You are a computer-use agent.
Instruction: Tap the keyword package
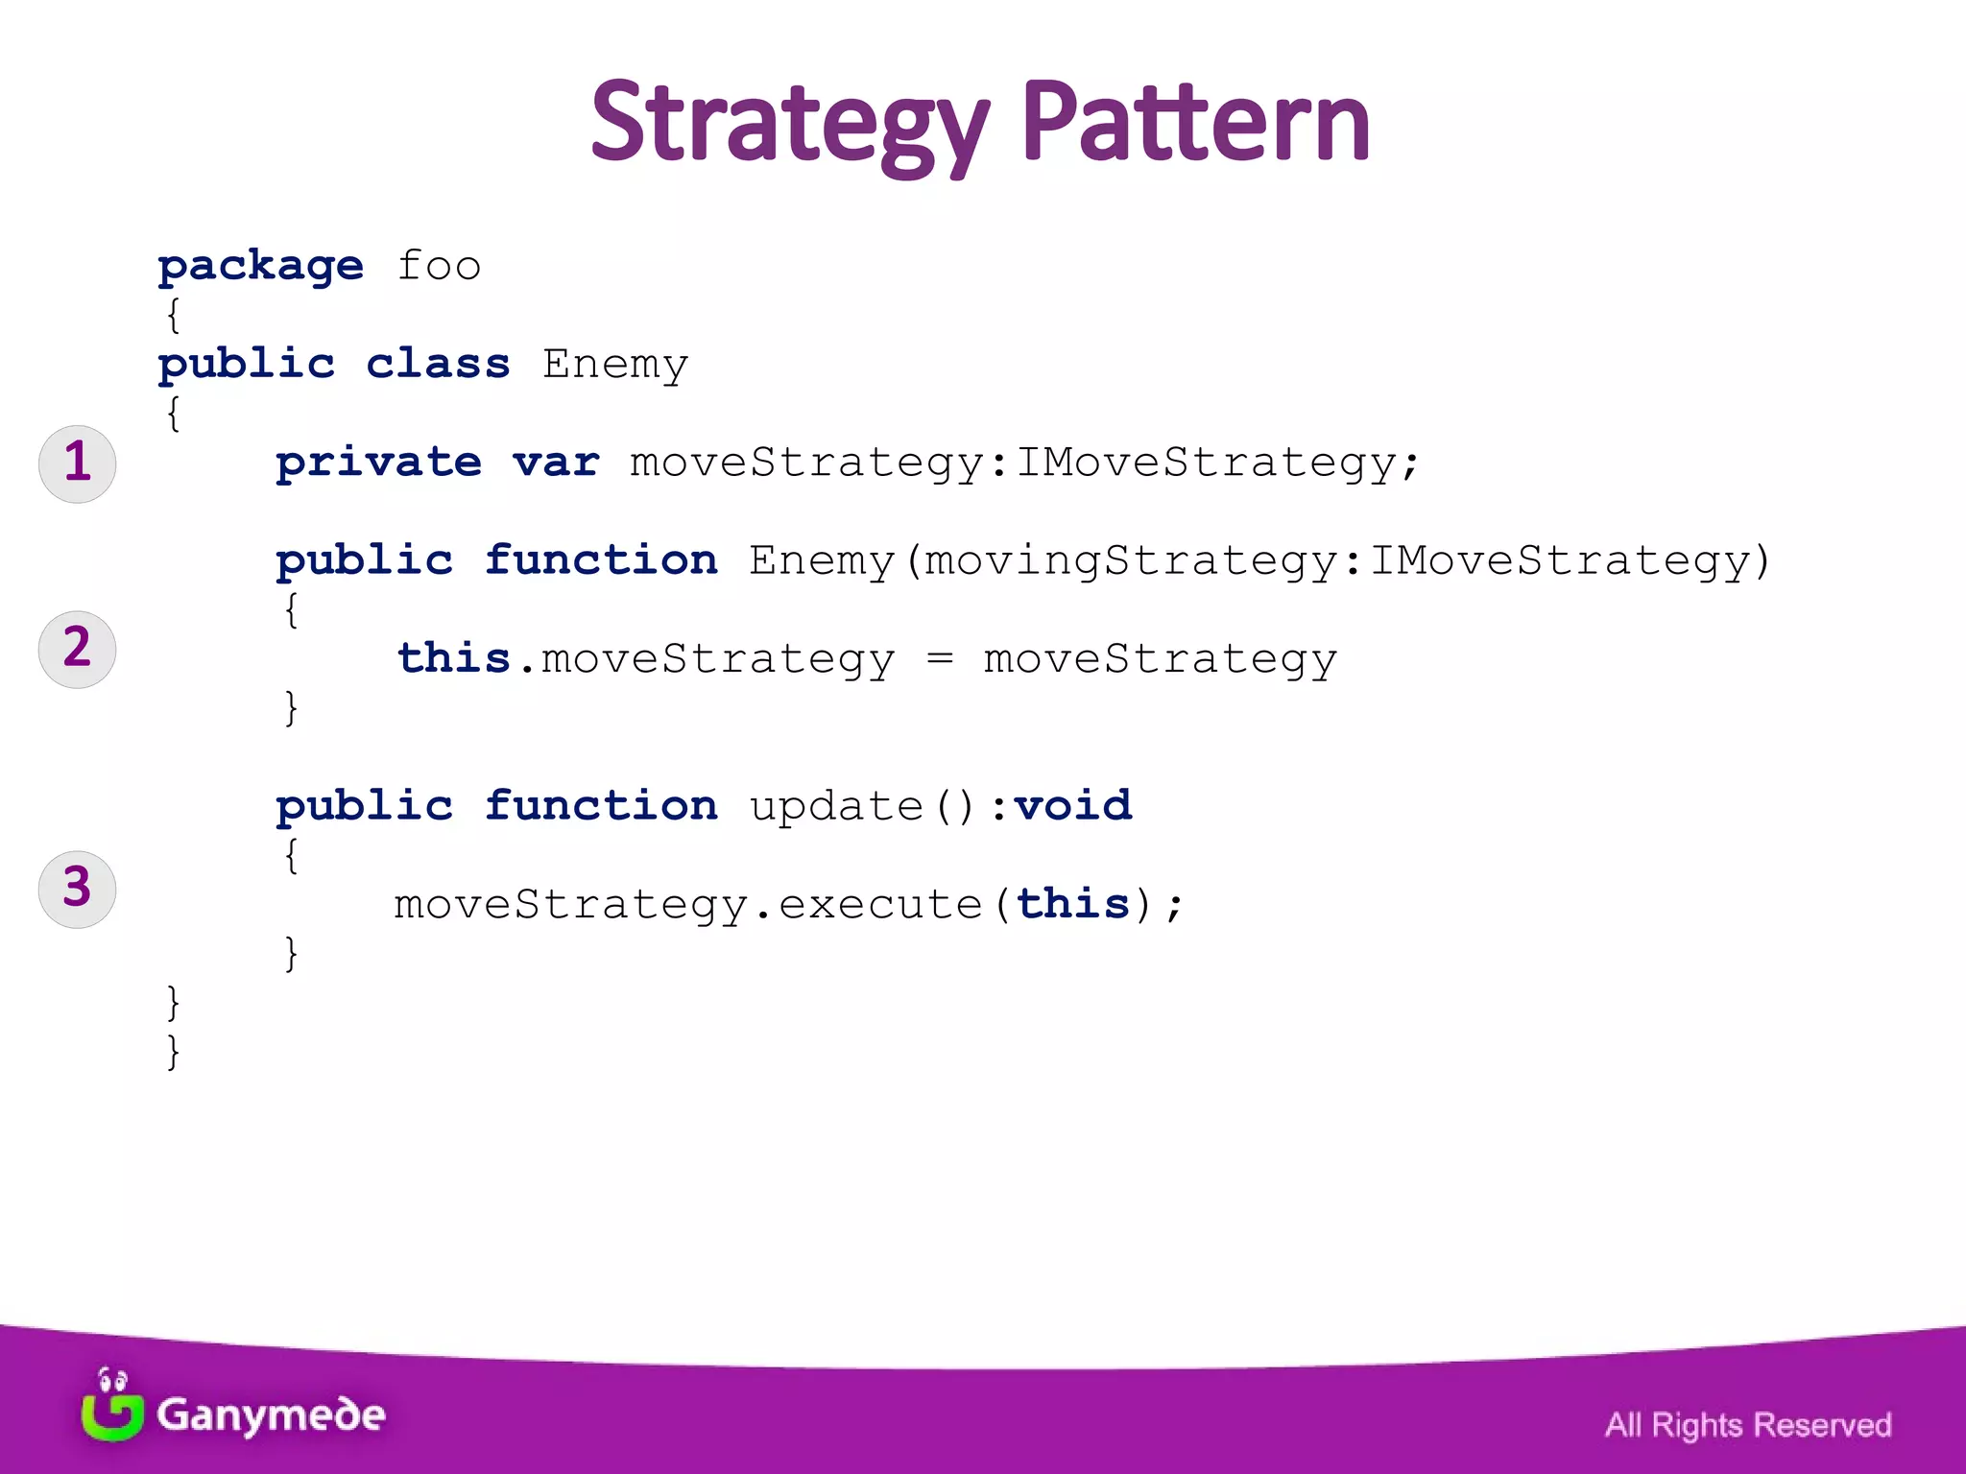coord(261,266)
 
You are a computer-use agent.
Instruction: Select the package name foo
coord(439,266)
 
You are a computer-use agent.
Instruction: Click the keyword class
coord(438,364)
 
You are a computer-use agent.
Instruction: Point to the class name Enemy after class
coord(614,365)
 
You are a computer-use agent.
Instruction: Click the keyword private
coord(379,463)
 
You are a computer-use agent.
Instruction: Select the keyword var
coord(556,463)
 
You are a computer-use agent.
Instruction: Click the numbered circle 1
coord(77,463)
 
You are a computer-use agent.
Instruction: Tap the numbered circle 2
coord(77,649)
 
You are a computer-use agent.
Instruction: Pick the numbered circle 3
coord(77,889)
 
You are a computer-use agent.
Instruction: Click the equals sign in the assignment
coord(940,658)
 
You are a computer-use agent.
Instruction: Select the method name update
coord(835,806)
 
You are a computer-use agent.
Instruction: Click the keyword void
coord(1073,805)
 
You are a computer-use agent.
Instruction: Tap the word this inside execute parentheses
coord(1073,904)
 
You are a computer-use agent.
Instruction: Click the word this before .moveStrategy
coord(453,658)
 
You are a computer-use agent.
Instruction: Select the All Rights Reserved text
coord(1747,1425)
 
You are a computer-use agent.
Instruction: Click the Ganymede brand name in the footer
coord(271,1415)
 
